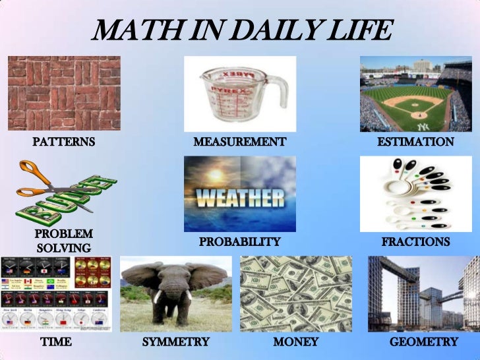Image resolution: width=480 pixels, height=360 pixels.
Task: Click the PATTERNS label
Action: point(64,142)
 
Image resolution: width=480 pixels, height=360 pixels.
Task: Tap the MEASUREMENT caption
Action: point(239,142)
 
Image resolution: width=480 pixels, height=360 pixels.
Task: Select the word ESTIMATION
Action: point(415,142)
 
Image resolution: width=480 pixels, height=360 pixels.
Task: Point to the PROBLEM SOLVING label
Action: point(63,241)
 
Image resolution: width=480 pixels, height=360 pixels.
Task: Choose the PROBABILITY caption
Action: point(239,242)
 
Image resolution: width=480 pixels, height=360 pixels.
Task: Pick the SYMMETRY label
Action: point(175,342)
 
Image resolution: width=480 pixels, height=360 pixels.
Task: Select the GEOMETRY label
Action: point(423,342)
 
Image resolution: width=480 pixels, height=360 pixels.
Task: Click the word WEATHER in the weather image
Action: point(240,198)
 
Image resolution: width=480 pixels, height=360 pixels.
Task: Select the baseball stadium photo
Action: point(415,94)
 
